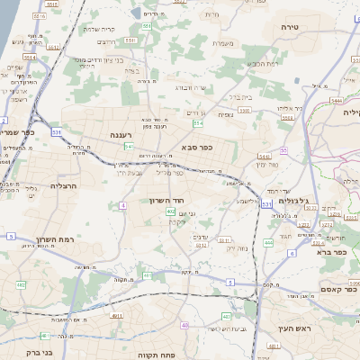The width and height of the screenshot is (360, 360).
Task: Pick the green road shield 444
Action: point(268,243)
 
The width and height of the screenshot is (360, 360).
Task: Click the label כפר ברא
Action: point(331,253)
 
